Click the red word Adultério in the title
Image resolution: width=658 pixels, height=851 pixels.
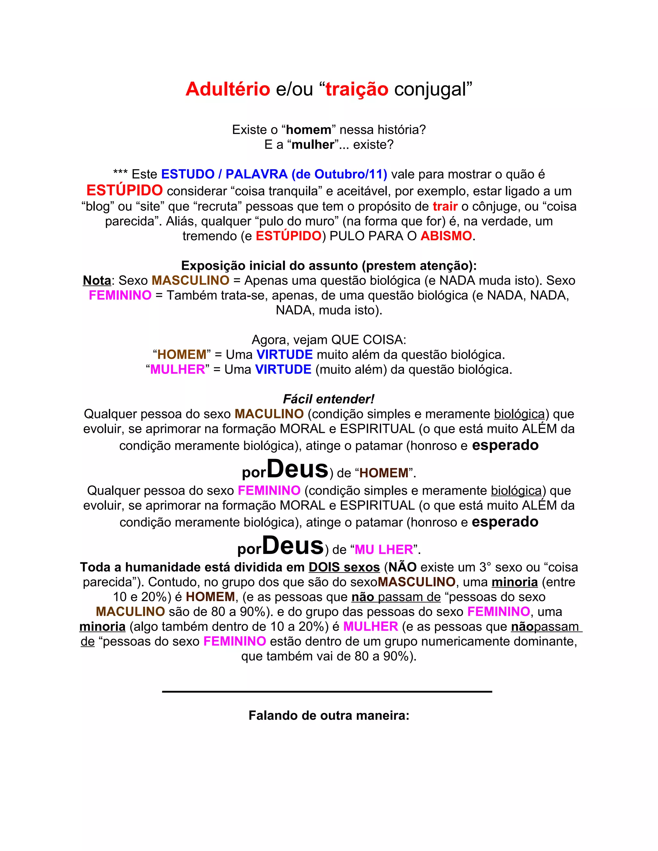228,89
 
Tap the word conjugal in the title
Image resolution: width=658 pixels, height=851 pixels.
430,89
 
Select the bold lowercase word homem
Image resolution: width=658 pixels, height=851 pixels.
308,130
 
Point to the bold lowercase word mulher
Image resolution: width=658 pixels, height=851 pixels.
313,145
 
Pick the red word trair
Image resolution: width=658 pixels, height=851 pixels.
445,206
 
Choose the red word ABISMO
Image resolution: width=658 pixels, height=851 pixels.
446,236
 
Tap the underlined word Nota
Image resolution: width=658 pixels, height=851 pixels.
97,281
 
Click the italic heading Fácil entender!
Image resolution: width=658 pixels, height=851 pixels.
329,399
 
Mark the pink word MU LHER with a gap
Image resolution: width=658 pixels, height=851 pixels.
384,549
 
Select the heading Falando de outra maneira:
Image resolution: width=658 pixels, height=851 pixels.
329,716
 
